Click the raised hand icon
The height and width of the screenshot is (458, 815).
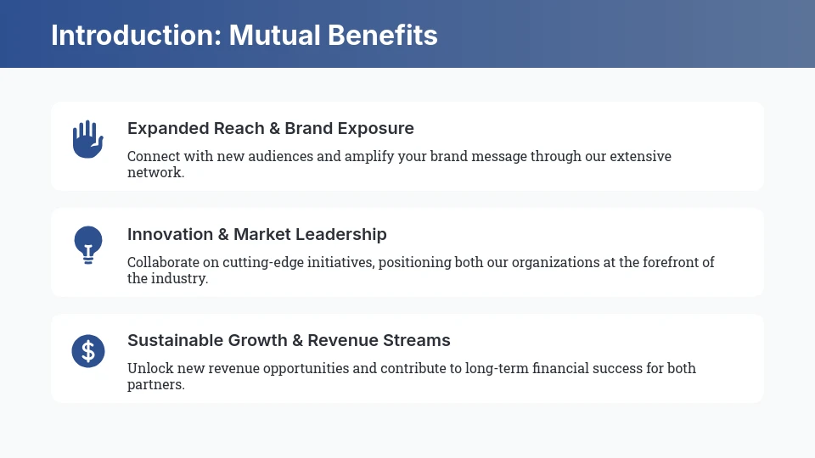click(87, 139)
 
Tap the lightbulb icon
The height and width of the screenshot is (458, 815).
click(87, 244)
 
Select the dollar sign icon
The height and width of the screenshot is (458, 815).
click(87, 350)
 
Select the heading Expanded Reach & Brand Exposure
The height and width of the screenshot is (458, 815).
click(271, 129)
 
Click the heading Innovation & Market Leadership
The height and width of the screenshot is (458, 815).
click(257, 235)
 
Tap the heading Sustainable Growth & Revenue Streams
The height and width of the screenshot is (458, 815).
click(289, 341)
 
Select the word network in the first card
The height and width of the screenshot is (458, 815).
click(154, 172)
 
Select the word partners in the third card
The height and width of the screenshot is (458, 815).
click(154, 384)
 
